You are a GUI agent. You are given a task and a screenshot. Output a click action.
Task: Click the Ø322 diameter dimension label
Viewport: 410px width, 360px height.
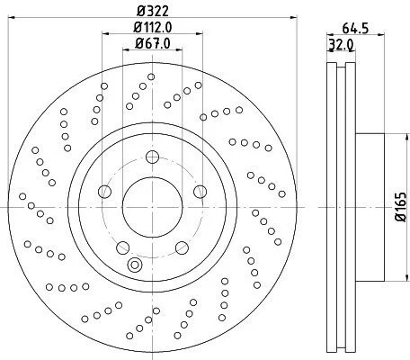pos(153,12)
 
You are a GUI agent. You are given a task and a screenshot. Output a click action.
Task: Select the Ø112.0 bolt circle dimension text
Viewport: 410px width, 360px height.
pos(153,28)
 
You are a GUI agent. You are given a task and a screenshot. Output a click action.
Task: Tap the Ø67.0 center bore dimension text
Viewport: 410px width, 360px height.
pos(153,43)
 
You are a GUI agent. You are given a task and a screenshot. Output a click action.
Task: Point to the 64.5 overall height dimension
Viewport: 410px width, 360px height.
pos(355,29)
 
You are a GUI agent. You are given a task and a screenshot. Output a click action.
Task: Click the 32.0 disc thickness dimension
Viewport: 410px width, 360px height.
pos(342,45)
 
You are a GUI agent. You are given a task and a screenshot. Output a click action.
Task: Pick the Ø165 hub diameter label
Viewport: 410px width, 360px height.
pos(401,207)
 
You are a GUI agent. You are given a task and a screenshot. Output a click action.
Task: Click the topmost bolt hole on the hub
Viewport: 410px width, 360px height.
pos(152,157)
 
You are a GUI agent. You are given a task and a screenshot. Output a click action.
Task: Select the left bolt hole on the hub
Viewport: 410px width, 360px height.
pos(104,192)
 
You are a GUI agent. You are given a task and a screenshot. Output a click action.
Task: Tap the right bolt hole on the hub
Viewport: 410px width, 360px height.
pos(200,192)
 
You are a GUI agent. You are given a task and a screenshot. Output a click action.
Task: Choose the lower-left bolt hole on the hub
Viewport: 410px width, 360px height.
pos(122,247)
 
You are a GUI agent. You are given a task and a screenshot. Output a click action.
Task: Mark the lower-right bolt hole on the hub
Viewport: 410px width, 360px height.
pos(182,247)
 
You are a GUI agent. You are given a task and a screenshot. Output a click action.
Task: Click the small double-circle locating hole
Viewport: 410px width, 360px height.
pos(135,265)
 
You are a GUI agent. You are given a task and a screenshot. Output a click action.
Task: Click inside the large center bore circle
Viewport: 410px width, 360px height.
pos(152,207)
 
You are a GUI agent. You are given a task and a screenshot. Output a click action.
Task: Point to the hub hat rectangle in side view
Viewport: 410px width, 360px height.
pos(370,207)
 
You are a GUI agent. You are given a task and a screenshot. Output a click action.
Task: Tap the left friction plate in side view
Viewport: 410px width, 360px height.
pos(332,207)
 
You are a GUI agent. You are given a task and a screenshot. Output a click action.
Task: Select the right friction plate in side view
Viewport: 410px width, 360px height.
pos(351,207)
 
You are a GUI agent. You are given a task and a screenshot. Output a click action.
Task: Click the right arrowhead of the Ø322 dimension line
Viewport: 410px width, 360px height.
pos(294,17)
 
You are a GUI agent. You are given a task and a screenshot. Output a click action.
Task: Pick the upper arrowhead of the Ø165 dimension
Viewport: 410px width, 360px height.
pos(406,137)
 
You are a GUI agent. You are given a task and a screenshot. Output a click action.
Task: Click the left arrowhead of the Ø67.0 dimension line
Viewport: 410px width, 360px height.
pos(126,49)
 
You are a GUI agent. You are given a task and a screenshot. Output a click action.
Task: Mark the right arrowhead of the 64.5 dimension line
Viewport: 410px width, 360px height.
pos(381,35)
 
